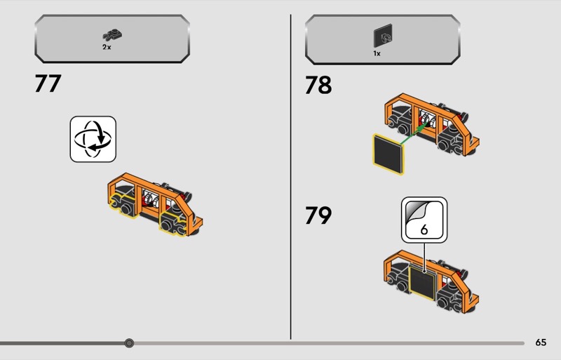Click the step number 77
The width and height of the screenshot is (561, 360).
pos(48,84)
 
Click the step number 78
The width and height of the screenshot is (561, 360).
pos(318,85)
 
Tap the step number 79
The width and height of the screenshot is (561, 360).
pos(318,215)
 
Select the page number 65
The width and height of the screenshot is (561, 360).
pos(541,342)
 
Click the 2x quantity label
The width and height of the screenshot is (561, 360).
pos(107,47)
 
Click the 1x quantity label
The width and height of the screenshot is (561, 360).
pos(377,53)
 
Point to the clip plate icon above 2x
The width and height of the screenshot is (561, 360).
pos(113,35)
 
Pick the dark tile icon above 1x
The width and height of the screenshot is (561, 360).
pos(383,36)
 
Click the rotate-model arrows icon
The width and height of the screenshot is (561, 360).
pos(93,139)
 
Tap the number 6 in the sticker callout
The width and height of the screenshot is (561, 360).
pos(424,229)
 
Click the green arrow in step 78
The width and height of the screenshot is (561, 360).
pos(414,133)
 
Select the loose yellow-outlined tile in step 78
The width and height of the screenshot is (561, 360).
pos(388,154)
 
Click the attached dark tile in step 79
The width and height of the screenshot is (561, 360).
pos(422,283)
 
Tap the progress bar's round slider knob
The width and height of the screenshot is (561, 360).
pos(129,343)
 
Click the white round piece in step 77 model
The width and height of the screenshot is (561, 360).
pos(151,199)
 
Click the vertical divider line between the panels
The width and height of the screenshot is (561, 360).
pos(290,177)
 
